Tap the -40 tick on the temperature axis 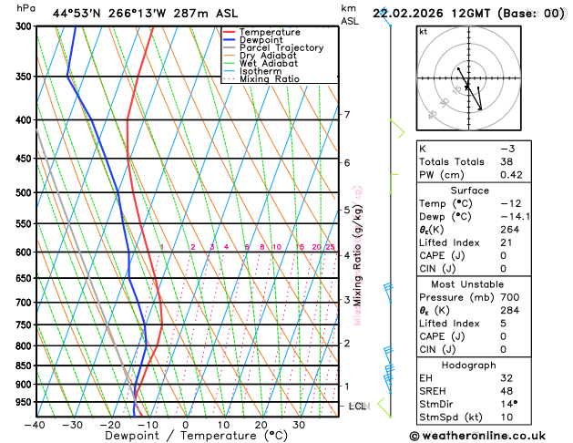click(x=36, y=425)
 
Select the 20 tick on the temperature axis click(x=261, y=425)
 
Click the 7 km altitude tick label click(x=346, y=115)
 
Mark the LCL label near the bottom click(x=357, y=406)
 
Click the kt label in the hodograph click(x=423, y=31)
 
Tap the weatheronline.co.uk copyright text click(x=489, y=436)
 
